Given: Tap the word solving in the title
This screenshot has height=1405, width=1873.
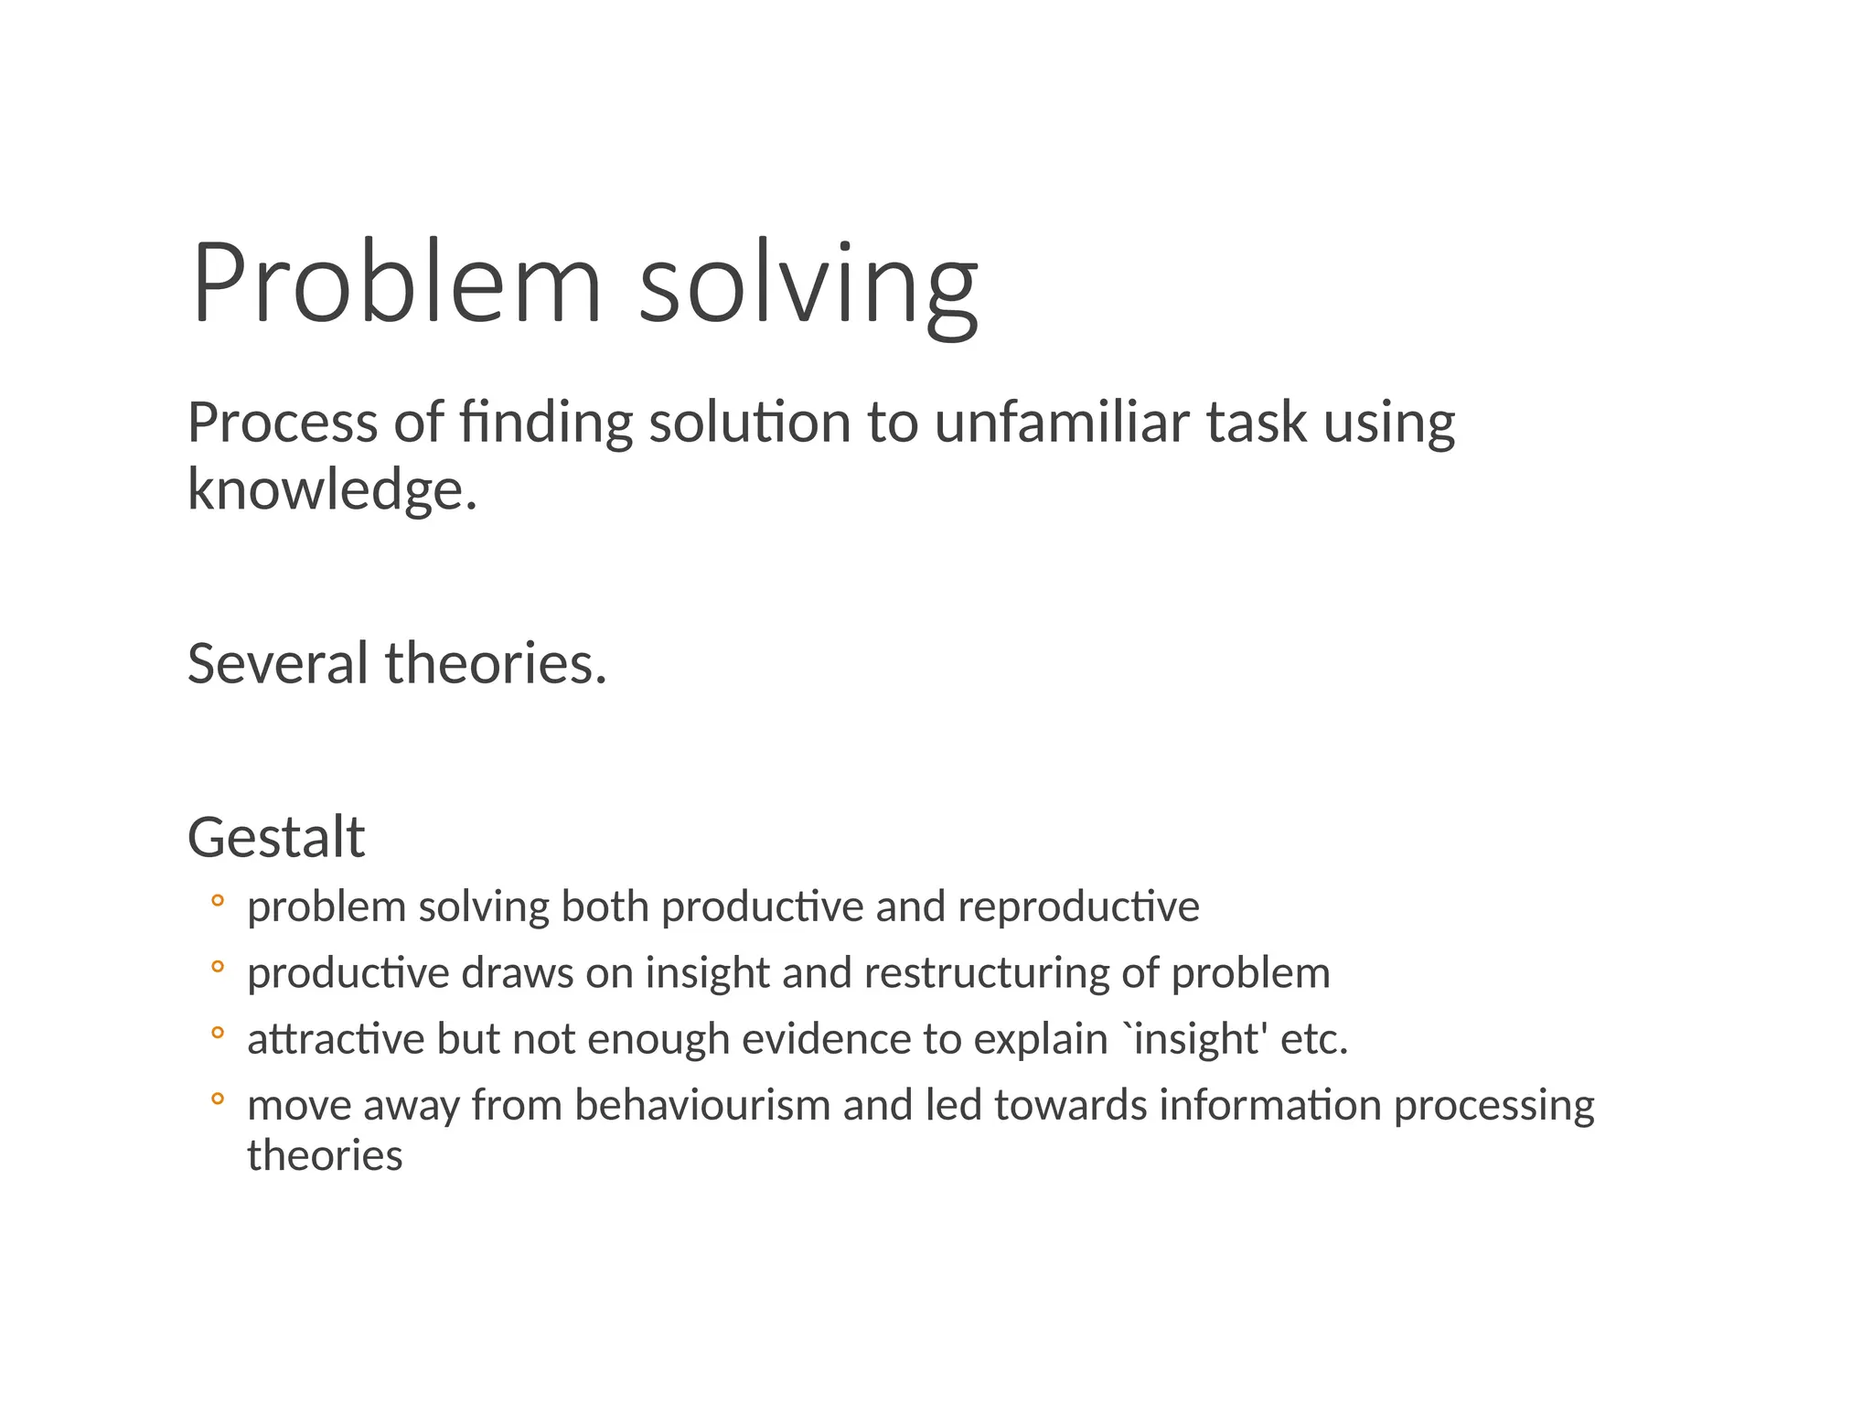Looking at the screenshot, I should coord(808,285).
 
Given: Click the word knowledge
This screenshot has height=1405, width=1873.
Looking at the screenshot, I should coord(332,489).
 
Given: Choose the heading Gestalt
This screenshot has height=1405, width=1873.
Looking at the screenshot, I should coord(276,837).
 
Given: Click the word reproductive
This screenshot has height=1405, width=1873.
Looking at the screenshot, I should coord(1078,907).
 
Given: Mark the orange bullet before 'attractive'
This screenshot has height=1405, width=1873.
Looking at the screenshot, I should coord(217,1034).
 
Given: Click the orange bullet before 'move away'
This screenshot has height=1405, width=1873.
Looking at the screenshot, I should coord(217,1099).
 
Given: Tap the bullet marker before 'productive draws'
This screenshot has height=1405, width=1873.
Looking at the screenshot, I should coord(217,967).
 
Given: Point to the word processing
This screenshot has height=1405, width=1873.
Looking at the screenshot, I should coord(1493,1107).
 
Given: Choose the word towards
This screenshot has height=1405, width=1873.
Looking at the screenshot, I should coord(1070,1105).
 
